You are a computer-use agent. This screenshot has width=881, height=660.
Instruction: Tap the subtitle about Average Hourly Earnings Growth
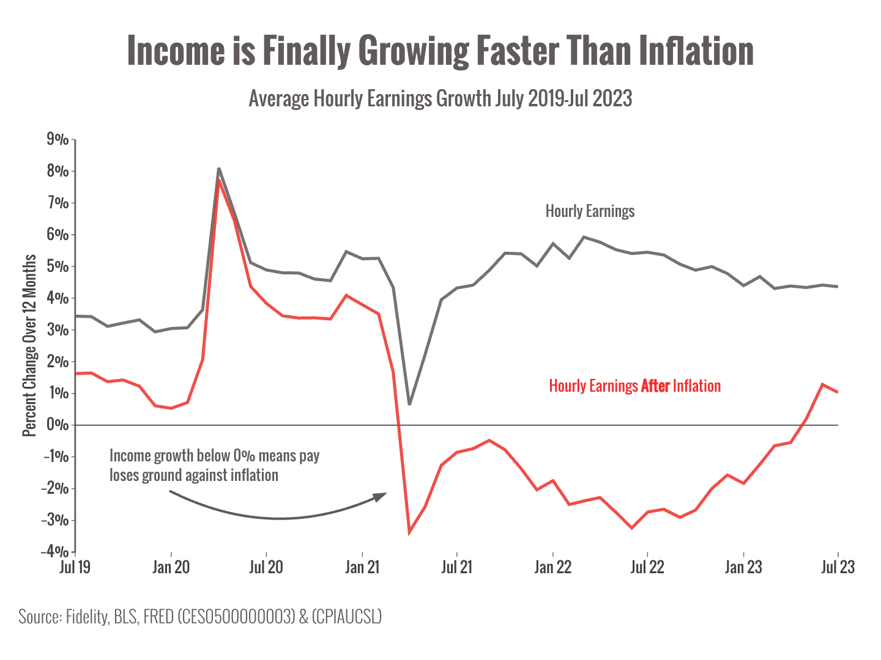(x=440, y=98)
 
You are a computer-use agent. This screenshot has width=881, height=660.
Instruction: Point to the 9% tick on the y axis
(x=58, y=139)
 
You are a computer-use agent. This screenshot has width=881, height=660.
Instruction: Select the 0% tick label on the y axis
(x=58, y=425)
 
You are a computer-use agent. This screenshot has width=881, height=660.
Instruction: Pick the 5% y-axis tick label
(x=58, y=266)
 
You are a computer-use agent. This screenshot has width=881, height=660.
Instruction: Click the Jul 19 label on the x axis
(x=75, y=567)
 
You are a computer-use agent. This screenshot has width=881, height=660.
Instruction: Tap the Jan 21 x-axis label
(x=362, y=567)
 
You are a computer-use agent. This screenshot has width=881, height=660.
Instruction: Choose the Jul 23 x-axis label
(x=837, y=567)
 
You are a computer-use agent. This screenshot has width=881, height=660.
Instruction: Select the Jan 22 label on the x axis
(x=552, y=567)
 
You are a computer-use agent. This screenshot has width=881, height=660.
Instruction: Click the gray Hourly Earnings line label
(x=590, y=211)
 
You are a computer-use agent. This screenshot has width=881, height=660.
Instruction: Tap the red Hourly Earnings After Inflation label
(x=634, y=386)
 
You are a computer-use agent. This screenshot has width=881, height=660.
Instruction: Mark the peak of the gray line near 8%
(x=218, y=169)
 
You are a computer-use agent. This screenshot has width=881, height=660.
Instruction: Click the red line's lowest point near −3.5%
(x=409, y=533)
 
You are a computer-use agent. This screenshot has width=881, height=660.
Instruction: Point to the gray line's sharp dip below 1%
(x=409, y=404)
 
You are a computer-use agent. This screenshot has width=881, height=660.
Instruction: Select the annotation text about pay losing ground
(x=214, y=466)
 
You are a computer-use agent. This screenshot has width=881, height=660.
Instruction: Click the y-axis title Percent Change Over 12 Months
(x=29, y=345)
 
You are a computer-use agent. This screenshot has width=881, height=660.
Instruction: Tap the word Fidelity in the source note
(x=86, y=617)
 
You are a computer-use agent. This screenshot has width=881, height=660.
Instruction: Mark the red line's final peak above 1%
(x=822, y=384)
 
